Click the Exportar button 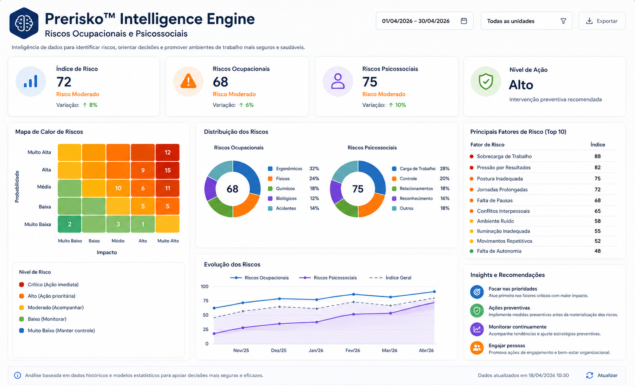[602, 21]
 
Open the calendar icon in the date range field [464, 21]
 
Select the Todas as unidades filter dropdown [526, 21]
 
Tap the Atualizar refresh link [601, 375]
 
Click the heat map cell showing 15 [168, 170]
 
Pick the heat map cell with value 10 [118, 188]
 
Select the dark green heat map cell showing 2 [70, 224]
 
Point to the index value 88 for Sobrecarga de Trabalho [597, 156]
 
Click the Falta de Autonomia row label [499, 251]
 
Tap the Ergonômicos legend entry [285, 169]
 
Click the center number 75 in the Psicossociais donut [358, 189]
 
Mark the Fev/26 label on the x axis [353, 350]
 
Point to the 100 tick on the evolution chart [204, 286]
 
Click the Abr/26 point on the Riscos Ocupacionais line [434, 291]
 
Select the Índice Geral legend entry [390, 278]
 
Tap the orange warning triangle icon [188, 81]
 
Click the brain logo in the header [24, 23]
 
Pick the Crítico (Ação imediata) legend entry [49, 284]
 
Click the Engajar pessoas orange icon [477, 348]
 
